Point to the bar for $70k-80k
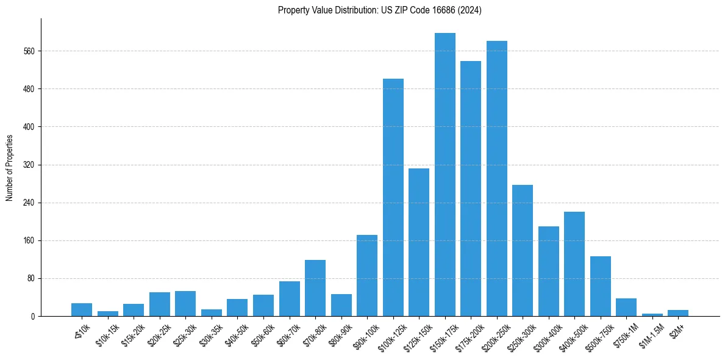tap(315, 288)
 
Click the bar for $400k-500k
tap(574, 264)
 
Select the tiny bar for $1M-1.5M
tap(652, 315)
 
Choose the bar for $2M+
tap(678, 313)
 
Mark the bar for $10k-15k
tap(108, 314)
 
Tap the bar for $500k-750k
tap(601, 286)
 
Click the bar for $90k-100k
tap(367, 275)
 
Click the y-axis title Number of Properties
tap(9, 167)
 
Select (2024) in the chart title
tap(469, 10)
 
